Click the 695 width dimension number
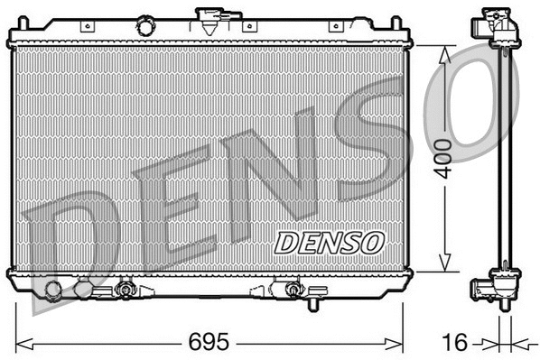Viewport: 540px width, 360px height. pyautogui.click(x=209, y=344)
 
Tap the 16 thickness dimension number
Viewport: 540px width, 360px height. pyautogui.click(x=459, y=344)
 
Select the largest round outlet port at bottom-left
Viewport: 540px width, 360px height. pyautogui.click(x=54, y=291)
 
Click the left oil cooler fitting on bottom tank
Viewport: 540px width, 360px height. pyautogui.click(x=125, y=290)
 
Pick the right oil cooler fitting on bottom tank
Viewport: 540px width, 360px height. pyautogui.click(x=292, y=290)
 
